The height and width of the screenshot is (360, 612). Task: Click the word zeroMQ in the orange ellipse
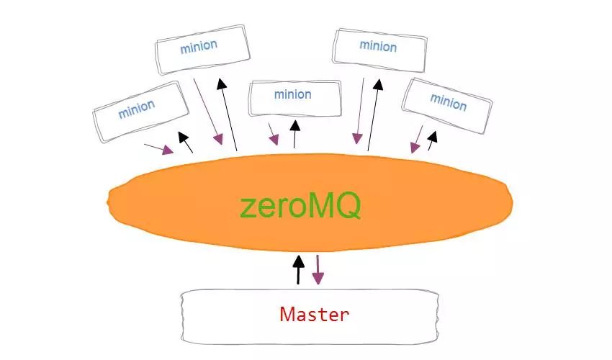click(300, 207)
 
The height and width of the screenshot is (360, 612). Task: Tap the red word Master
click(314, 314)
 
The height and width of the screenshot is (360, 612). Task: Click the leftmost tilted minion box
click(137, 111)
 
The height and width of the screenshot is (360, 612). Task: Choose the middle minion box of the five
click(294, 96)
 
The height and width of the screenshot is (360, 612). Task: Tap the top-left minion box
click(202, 47)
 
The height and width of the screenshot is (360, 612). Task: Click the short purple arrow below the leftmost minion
click(160, 148)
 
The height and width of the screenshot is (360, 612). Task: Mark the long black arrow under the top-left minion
click(228, 112)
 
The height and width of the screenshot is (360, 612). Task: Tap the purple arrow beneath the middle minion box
click(273, 134)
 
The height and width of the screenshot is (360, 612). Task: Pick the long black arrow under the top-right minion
click(374, 112)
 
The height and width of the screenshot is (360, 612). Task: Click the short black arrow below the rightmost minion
click(432, 140)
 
